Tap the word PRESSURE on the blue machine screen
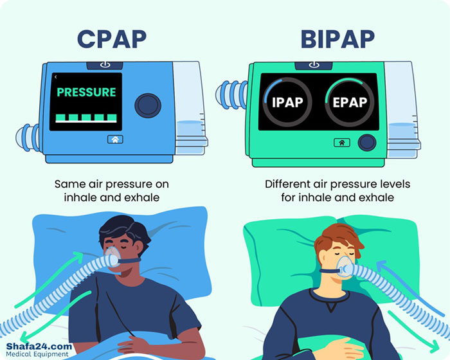click(x=85, y=93)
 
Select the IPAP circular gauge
click(x=287, y=102)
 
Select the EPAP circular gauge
click(x=349, y=102)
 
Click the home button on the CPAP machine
click(x=115, y=139)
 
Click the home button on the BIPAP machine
click(x=341, y=143)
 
